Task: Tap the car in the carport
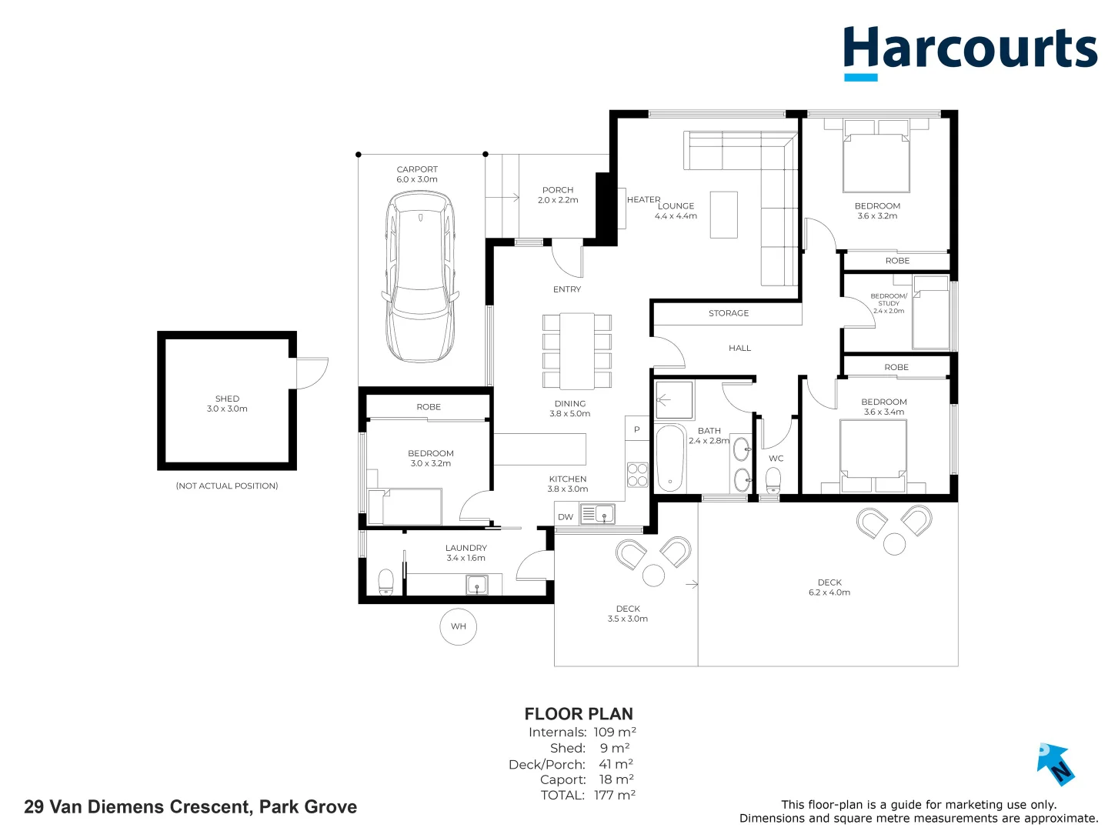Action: click(420, 277)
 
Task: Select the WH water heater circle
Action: click(459, 626)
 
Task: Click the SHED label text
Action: click(227, 399)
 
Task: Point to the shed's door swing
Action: click(312, 372)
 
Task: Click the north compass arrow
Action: click(1055, 763)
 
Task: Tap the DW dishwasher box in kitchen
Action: click(566, 517)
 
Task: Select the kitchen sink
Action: click(597, 514)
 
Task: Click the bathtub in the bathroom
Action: click(670, 458)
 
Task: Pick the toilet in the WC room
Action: click(773, 481)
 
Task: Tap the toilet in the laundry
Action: click(385, 582)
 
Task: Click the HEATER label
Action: click(643, 199)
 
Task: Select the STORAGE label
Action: click(728, 313)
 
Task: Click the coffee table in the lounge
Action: click(723, 215)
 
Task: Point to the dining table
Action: click(577, 351)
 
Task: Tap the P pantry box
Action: click(637, 429)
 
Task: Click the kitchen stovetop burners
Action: click(638, 475)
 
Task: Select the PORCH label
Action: click(558, 190)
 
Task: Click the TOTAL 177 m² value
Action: click(614, 795)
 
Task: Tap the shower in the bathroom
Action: click(674, 400)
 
